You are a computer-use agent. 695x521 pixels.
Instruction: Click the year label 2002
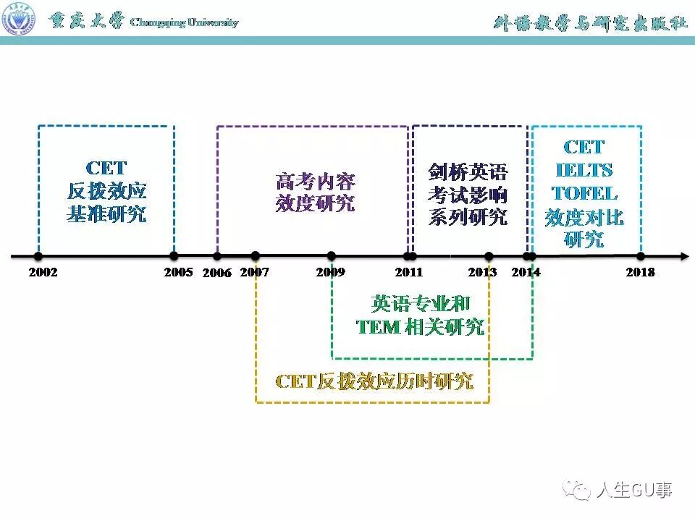click(x=43, y=273)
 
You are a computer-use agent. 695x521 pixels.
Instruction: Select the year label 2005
click(x=178, y=273)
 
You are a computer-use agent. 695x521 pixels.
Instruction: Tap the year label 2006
click(x=216, y=274)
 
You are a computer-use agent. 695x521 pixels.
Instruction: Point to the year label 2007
click(x=254, y=273)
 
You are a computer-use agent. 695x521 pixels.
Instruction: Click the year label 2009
click(x=330, y=273)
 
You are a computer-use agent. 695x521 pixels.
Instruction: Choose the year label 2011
click(x=409, y=273)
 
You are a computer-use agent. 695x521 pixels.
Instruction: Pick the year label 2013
click(x=482, y=273)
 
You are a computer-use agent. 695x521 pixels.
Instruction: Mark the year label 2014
click(x=526, y=273)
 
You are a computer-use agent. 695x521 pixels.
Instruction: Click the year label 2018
click(x=640, y=273)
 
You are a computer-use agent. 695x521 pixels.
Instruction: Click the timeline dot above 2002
click(x=38, y=256)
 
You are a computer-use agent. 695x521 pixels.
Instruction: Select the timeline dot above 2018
click(x=640, y=256)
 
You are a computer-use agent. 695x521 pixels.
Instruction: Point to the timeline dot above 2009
click(x=331, y=256)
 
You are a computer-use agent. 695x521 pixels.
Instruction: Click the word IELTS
click(x=584, y=171)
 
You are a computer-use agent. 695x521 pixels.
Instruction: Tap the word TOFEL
click(x=584, y=194)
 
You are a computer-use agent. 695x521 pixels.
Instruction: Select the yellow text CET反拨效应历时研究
click(x=374, y=381)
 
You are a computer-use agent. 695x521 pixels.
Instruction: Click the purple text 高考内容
click(x=316, y=181)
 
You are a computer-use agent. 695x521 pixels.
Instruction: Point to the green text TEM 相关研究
click(x=421, y=327)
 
